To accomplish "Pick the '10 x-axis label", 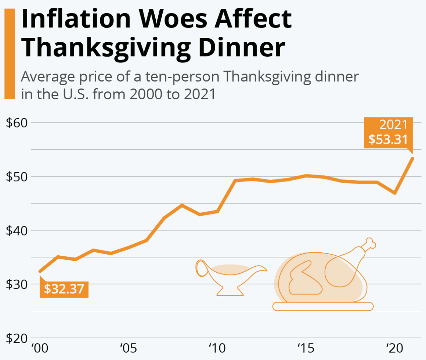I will pos(217,348).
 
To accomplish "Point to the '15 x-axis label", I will pos(306,348).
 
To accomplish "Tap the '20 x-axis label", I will pos(394,348).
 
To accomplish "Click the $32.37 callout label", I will pos(64,289).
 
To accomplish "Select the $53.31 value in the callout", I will pos(388,139).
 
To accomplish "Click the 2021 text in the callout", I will pos(393,125).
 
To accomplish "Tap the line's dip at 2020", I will pos(395,193).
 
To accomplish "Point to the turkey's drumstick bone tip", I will pos(371,243).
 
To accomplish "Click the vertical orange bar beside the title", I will pos(9,53).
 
